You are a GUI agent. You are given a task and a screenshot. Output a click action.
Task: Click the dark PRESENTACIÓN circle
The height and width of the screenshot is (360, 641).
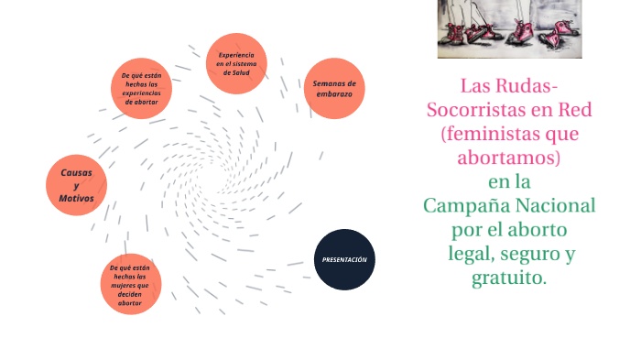344,259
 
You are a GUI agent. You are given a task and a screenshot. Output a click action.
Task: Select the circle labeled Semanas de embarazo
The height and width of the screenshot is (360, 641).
334,89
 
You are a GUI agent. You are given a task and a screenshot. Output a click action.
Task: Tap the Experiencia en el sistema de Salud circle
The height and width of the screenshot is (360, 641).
236,64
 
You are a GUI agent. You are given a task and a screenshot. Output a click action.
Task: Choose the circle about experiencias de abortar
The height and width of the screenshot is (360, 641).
142,89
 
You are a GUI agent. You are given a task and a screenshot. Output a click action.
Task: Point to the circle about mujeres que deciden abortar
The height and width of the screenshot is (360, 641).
130,284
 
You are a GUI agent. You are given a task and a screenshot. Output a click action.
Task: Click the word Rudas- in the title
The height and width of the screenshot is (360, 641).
524,87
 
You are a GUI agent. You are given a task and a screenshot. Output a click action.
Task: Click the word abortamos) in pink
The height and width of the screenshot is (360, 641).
508,158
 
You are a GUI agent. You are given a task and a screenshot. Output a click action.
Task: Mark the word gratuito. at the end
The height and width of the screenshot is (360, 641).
508,277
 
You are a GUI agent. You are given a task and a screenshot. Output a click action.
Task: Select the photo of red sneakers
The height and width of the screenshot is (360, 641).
509,29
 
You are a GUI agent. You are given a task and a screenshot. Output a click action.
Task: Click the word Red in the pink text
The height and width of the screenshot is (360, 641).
575,111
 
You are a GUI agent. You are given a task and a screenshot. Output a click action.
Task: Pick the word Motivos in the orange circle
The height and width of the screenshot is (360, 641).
77,199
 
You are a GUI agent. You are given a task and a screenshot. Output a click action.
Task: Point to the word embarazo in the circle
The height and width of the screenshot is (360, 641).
334,95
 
